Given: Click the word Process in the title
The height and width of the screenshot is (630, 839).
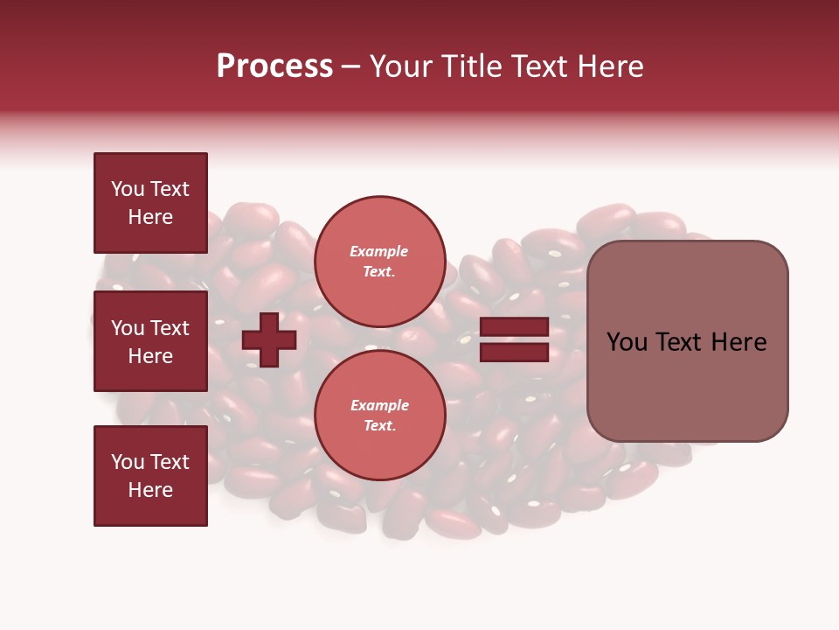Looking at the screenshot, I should [x=274, y=66].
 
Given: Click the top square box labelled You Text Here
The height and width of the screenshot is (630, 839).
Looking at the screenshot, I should [x=150, y=203].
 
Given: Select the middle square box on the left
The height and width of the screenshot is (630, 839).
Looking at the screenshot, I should [x=150, y=341].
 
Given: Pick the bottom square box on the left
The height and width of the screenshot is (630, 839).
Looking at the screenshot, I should [x=150, y=476].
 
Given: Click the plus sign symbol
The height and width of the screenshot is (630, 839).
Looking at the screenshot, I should [x=269, y=339].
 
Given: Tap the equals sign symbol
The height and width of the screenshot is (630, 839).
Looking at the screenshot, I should [x=514, y=339].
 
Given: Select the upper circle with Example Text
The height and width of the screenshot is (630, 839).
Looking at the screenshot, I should [x=379, y=261].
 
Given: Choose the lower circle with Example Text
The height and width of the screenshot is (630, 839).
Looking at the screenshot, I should [x=379, y=415].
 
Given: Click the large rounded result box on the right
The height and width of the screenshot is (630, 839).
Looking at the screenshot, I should [x=687, y=341].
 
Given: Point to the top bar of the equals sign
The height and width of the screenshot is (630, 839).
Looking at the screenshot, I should [x=514, y=327].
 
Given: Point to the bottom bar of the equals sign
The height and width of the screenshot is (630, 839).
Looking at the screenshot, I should [x=514, y=353].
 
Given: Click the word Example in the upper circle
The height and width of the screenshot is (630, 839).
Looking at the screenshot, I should [x=379, y=251].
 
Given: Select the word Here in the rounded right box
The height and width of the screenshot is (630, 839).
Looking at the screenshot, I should [x=738, y=342].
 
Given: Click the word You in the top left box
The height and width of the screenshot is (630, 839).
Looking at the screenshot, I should [x=128, y=189].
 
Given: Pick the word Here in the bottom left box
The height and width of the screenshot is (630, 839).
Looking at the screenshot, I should [x=150, y=490].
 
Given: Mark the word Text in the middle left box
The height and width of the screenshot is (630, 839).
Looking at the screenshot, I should [x=170, y=328].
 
